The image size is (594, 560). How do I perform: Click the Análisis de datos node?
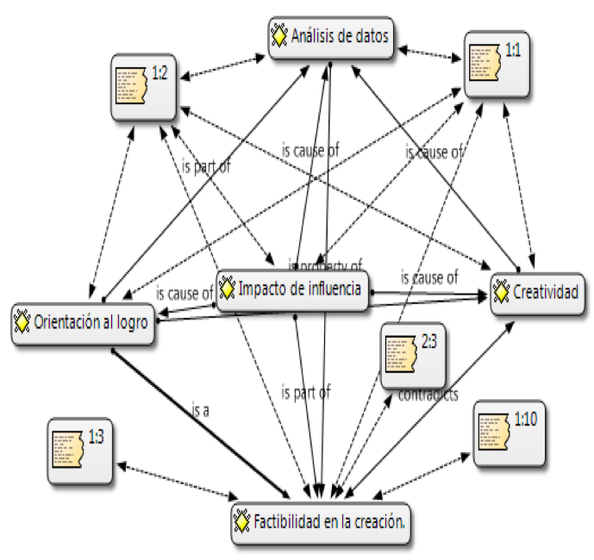point(332,37)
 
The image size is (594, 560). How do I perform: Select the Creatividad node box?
point(540,295)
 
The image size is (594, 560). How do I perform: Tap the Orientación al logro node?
point(84,323)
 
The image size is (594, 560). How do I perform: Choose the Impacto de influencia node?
point(294,289)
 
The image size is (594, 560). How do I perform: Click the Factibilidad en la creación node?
point(320,521)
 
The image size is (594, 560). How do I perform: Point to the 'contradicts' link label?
point(428,395)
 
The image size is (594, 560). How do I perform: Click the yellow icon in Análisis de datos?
point(278,37)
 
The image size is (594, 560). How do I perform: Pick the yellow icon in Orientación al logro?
point(23,323)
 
